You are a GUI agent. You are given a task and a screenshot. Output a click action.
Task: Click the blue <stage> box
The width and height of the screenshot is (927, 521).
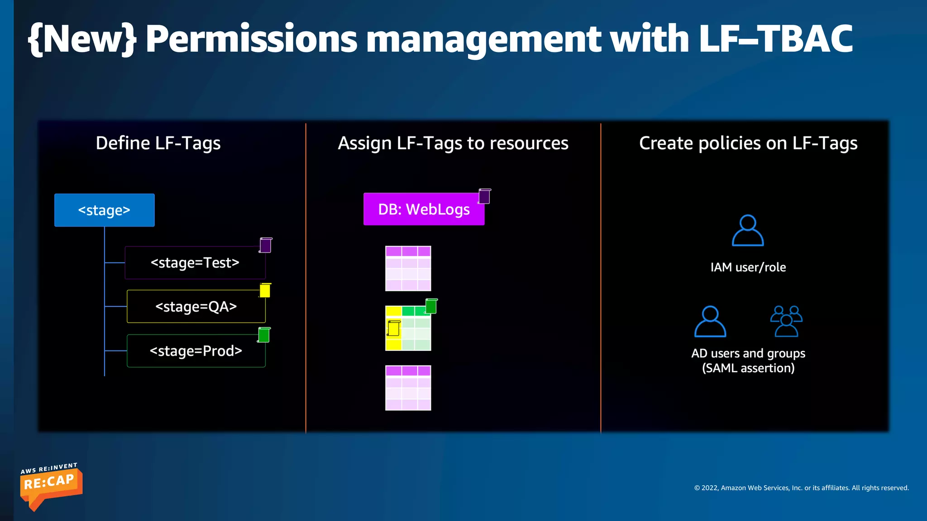coord(104,210)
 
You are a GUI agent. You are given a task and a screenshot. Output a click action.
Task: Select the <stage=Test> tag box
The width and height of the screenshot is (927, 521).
coord(195,263)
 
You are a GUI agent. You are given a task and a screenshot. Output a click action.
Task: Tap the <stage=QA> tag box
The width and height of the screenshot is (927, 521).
coord(196,307)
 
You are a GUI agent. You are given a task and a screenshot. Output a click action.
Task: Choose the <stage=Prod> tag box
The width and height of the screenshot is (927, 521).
coord(196,351)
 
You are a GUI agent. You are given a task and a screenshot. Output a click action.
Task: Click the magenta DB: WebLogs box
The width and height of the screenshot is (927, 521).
coord(424,209)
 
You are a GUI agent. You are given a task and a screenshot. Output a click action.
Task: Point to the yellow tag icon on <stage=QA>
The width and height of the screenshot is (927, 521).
coord(265,290)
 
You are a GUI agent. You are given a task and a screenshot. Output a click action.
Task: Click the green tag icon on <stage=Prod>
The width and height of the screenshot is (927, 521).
coord(264,335)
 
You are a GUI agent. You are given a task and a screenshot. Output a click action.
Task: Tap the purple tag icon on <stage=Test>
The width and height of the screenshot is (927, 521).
coord(265,245)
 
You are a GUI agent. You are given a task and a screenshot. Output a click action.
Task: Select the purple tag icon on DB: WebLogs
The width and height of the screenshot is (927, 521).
coord(484,196)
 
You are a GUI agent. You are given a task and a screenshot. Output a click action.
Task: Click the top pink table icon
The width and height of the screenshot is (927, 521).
coord(408,268)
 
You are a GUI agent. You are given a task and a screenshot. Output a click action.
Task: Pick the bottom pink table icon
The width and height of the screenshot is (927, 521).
coord(408,388)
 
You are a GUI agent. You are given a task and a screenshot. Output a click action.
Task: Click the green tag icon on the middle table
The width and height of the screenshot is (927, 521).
coord(431,306)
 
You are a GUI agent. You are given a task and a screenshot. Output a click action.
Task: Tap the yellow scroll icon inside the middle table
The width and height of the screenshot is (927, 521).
coord(393,328)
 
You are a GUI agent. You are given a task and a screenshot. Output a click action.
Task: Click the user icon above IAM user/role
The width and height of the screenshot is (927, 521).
coord(748,230)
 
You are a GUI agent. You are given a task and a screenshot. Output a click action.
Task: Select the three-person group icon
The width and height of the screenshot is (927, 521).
coord(786,321)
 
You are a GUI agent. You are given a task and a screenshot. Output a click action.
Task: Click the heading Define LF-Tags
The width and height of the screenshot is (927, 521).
coord(158,143)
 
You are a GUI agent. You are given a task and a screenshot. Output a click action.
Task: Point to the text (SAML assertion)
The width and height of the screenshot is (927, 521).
coord(748,368)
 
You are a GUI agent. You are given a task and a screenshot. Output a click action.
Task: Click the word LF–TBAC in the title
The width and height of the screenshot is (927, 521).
coord(775,39)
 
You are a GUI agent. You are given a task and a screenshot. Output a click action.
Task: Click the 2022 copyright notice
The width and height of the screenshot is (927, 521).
coord(801,488)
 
